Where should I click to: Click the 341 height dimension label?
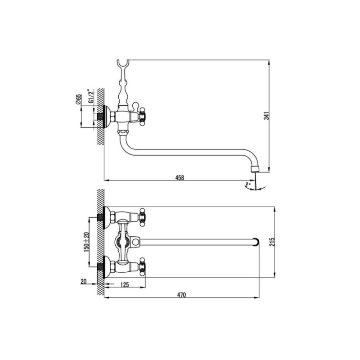click(x=266, y=116)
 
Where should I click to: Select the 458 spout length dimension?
click(x=180, y=177)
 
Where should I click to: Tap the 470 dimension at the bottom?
click(x=181, y=295)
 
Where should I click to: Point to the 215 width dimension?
click(x=272, y=242)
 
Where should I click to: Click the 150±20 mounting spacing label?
click(x=86, y=242)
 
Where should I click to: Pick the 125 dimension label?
click(x=125, y=285)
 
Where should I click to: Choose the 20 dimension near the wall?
click(x=84, y=282)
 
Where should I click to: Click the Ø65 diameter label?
click(x=78, y=99)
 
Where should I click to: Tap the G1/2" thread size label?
click(x=91, y=96)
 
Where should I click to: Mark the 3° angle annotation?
click(x=247, y=184)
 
